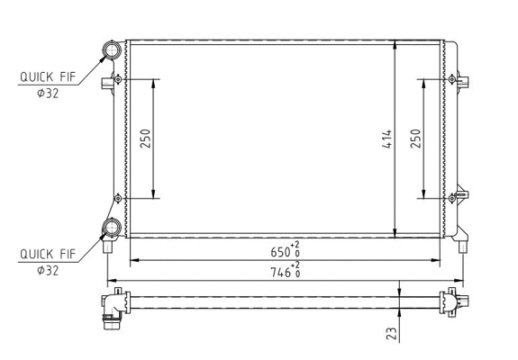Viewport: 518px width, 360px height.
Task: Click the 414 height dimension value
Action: click(386, 139)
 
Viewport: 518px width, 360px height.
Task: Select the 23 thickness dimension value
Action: click(390, 333)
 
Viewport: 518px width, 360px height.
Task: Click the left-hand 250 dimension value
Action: click(144, 139)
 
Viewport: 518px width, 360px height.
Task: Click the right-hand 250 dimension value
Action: click(415, 139)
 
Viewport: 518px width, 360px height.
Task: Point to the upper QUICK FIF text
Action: click(47, 77)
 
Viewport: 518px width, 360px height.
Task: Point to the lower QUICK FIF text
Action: click(47, 255)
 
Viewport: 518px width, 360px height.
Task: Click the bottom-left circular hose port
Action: click(113, 228)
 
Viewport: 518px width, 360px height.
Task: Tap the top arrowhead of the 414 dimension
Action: click(397, 44)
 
